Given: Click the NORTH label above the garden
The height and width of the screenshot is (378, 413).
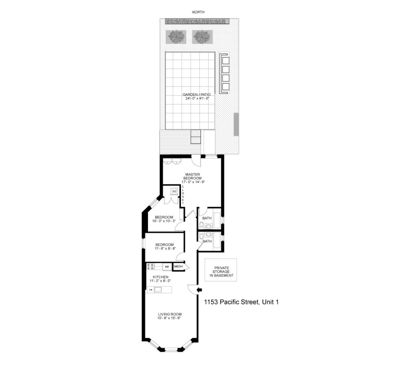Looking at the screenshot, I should coord(198,12).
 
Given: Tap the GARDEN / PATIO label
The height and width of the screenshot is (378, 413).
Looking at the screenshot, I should coord(197,95).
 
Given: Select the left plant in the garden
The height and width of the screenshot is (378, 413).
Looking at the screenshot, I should coord(176,37).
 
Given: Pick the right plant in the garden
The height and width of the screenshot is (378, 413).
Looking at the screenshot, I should coord(202,37).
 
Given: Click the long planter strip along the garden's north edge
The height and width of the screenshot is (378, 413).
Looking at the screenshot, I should coord(197,21).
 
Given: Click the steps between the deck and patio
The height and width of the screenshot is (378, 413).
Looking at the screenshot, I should coord(195,137).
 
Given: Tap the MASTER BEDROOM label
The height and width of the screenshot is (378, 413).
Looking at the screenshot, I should coord(192,176).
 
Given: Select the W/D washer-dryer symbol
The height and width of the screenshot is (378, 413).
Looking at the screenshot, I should coord(174,191).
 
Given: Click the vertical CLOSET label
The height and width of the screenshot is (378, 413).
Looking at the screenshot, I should coord(183,195).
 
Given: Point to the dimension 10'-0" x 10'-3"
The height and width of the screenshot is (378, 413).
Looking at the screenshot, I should coord(164,221).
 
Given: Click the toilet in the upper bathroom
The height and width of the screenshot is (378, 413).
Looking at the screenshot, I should coord(202,226).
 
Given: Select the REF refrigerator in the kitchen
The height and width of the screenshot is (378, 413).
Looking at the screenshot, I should coord(167,267).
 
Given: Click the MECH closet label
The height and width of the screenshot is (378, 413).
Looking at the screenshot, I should coord(178,266).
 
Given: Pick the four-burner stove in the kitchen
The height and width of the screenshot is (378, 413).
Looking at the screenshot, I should coord(150,267).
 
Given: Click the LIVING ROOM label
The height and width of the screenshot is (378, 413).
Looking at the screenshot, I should coord(170,314).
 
